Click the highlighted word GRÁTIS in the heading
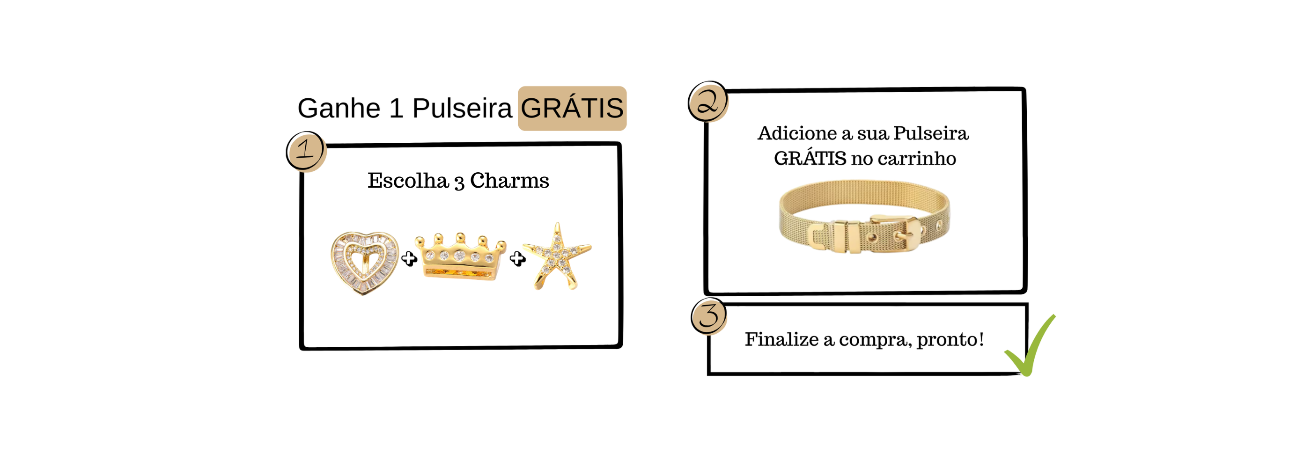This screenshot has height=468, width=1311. click(x=572, y=109)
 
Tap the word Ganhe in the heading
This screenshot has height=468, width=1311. click(x=339, y=109)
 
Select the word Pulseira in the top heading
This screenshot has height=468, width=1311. click(x=462, y=109)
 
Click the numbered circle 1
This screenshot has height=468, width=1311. click(x=305, y=151)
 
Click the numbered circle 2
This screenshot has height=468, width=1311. click(x=707, y=101)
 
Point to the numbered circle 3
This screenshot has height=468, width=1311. click(x=709, y=316)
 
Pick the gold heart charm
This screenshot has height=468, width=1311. click(x=364, y=263)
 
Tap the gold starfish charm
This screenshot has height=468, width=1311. click(x=557, y=256)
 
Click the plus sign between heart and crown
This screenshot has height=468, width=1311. click(x=409, y=259)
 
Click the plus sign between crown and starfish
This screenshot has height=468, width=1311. click(x=517, y=259)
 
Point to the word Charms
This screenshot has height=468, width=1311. click(x=509, y=181)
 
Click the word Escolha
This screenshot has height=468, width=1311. click(x=408, y=181)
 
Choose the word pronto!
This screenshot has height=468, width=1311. click(x=950, y=339)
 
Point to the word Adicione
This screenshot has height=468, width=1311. click(x=797, y=133)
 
